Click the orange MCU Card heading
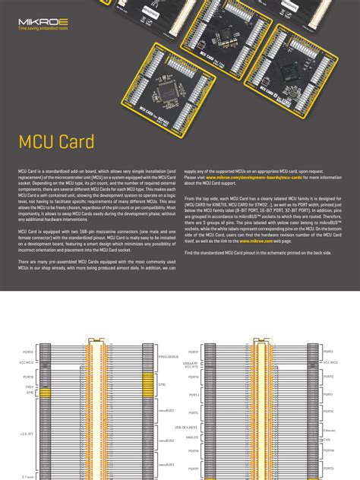tap(57, 142)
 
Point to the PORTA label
tap(28, 352)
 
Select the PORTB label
tap(28, 377)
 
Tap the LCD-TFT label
tap(28, 433)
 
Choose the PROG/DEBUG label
tap(168, 356)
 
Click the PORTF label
tap(194, 352)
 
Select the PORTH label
tap(194, 377)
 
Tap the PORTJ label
tap(194, 395)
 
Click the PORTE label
tap(328, 352)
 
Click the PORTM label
tap(328, 450)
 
